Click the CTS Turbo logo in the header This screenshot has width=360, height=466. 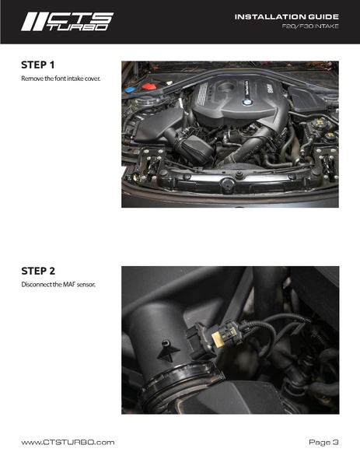click(68, 22)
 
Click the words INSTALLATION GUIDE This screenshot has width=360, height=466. click(287, 17)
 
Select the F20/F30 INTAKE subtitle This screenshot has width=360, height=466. click(310, 26)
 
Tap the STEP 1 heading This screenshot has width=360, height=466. click(38, 65)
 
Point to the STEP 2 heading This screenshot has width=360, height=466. click(38, 271)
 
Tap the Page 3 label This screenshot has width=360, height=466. click(323, 442)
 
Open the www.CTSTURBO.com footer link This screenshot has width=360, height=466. click(68, 442)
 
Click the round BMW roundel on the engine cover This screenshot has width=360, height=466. click(247, 102)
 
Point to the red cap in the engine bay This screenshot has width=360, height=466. click(149, 86)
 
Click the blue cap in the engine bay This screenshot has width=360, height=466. click(130, 89)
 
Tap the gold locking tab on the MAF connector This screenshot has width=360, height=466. click(217, 338)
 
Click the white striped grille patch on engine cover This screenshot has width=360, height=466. click(202, 94)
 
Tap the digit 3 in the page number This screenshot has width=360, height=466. click(335, 442)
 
